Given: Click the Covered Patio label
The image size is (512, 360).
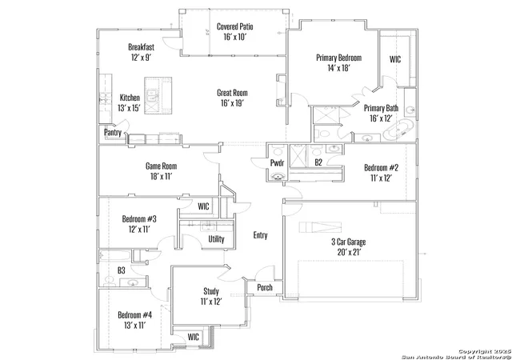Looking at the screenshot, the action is coord(234,26).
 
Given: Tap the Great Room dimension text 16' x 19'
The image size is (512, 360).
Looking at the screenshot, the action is coord(232,103).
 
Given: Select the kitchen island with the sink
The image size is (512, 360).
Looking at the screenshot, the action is coord(158,96).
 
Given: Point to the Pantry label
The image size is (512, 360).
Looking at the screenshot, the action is coord(113,132).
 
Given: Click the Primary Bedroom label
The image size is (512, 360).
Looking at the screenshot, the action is coord(338,58).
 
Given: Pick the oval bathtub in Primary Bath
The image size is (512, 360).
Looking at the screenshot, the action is coord(398,131).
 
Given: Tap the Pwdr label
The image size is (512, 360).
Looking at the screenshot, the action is coord(277,162).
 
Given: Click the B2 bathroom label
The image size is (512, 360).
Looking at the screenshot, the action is coord(318,162).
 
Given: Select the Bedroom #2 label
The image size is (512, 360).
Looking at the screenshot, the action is coord(381,167).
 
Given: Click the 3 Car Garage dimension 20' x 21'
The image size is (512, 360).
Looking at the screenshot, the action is coord(349,252).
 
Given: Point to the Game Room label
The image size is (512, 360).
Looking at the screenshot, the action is coord(162,166).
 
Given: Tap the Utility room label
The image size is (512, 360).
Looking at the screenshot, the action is coord(216,239).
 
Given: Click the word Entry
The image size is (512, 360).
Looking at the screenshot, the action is coord(260,235).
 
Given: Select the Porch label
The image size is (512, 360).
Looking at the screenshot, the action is coord(265,287).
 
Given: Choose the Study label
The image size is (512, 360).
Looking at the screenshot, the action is coord(211,291).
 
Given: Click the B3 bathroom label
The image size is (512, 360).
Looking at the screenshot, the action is coord(121,270).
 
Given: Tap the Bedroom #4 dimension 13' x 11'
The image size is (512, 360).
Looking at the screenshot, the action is coord(134,326).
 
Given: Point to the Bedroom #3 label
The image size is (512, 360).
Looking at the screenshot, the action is coord(139,218).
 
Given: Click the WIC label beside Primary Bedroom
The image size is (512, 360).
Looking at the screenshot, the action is coord(395,59).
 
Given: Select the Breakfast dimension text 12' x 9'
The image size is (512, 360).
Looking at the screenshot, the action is coord(141,58).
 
